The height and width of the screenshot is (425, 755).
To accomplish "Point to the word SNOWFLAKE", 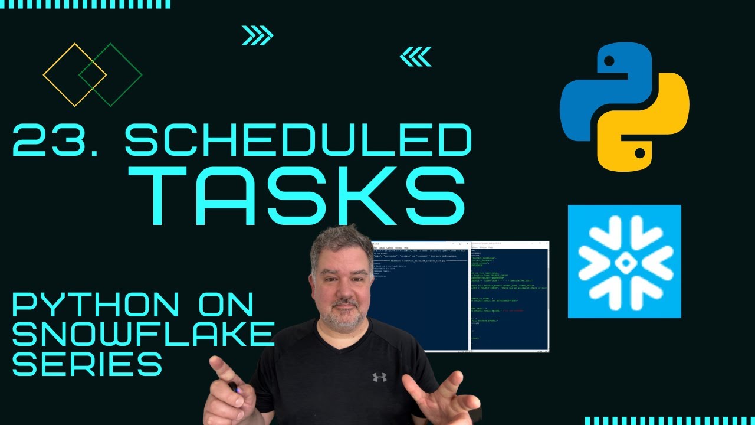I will tap(143, 335).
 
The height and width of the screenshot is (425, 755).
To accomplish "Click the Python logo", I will tap(625, 107).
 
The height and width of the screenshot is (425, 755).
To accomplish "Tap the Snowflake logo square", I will tap(624, 261).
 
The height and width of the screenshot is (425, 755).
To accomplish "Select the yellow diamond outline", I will tap(74, 75).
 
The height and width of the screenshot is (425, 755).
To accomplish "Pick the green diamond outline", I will tap(110, 75).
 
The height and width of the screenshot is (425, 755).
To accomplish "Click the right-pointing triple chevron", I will tap(258, 36).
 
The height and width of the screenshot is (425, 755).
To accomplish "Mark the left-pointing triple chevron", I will tap(415, 57).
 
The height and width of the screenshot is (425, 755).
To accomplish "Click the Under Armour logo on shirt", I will tap(379, 377).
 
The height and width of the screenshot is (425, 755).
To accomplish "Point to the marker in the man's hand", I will tap(233, 387).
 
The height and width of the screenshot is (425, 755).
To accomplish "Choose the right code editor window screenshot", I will tap(510, 295).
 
